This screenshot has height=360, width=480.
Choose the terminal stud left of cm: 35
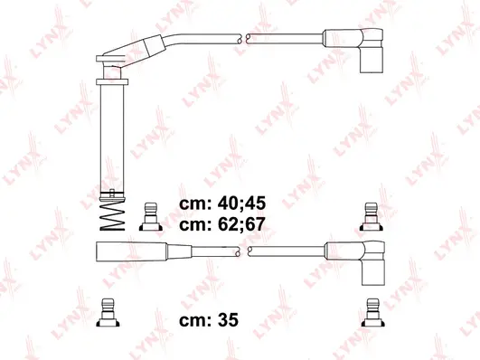(108, 310)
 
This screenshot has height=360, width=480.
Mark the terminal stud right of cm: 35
(369, 310)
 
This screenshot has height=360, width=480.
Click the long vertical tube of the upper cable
(108, 136)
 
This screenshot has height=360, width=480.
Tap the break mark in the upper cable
(243, 39)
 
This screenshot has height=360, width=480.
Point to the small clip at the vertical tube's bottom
(108, 192)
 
